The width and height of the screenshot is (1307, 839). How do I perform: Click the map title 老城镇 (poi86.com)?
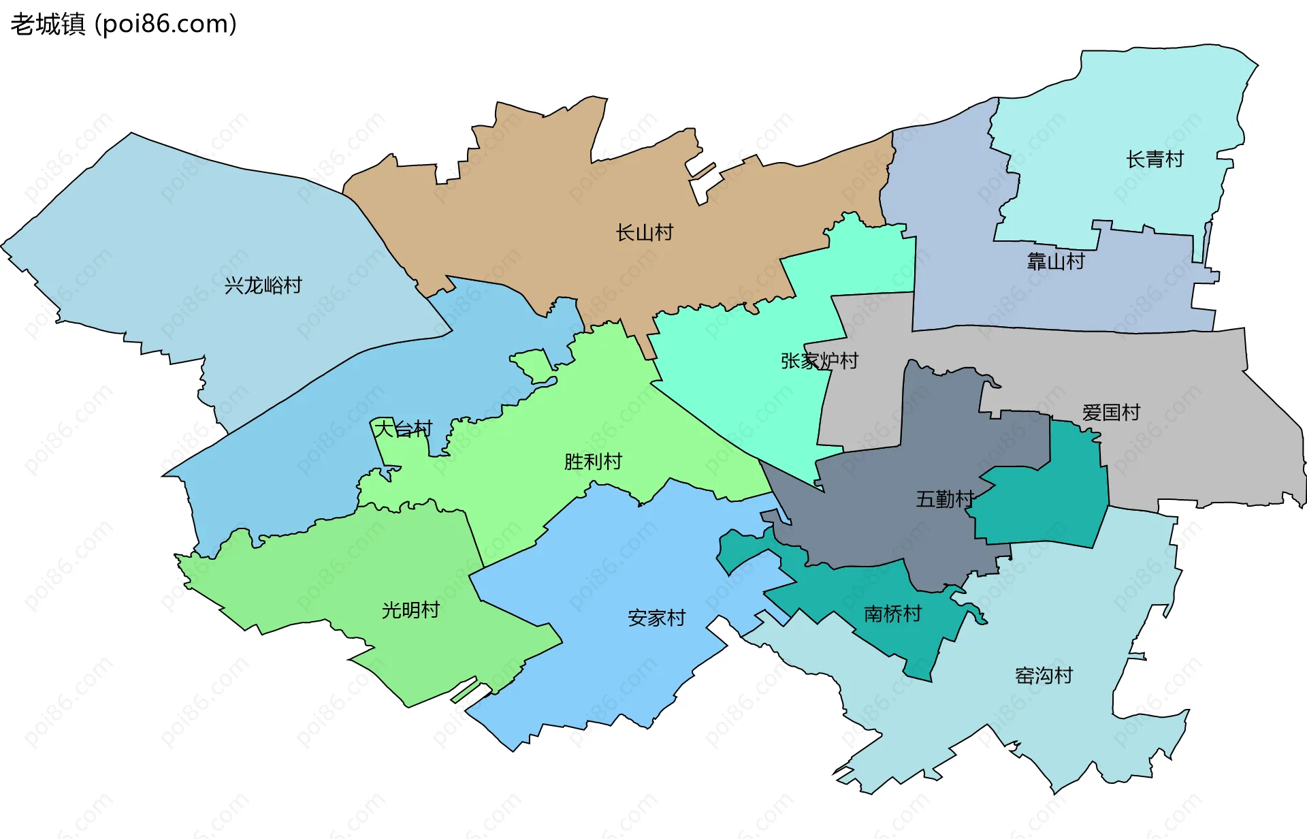[123, 24]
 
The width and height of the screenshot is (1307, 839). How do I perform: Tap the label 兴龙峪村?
[263, 285]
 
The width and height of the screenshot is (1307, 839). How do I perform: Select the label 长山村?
[644, 233]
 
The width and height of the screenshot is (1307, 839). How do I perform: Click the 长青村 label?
[1155, 159]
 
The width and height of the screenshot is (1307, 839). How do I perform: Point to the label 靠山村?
[1055, 262]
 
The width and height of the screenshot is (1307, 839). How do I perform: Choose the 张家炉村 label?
[819, 361]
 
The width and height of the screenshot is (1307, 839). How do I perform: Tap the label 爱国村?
[1110, 413]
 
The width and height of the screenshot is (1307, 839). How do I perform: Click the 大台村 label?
[403, 429]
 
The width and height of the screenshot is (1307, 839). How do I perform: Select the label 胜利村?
[592, 462]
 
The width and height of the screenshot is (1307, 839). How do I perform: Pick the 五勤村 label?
[944, 499]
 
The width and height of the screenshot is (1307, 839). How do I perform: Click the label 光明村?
[410, 610]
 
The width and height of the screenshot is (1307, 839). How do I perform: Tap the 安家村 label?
[656, 618]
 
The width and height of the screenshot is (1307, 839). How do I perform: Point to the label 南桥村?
[892, 614]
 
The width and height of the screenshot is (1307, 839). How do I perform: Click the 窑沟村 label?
[1044, 676]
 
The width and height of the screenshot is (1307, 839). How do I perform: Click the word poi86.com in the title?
[165, 24]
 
